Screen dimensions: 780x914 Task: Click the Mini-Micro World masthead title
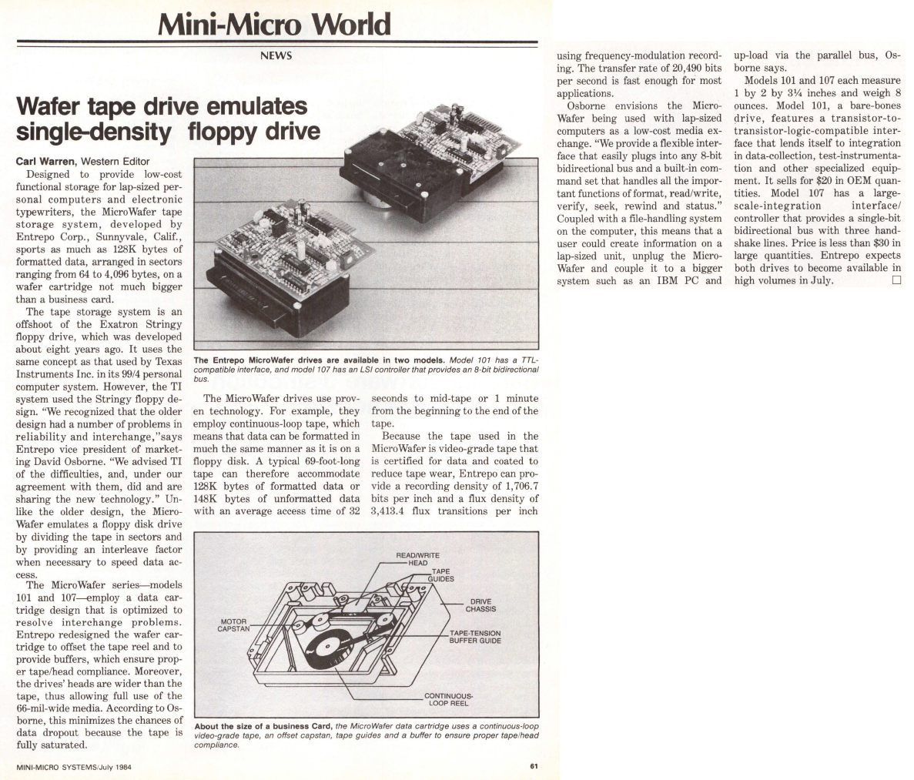[273, 25]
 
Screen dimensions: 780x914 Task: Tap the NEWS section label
[276, 56]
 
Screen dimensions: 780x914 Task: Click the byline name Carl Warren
[45, 161]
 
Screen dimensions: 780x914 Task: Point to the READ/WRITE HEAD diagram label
[417, 558]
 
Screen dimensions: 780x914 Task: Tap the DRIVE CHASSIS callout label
[480, 605]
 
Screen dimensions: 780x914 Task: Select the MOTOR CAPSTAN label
[233, 624]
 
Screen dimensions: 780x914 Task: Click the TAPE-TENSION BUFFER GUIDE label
[475, 637]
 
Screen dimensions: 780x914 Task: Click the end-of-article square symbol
[896, 280]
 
